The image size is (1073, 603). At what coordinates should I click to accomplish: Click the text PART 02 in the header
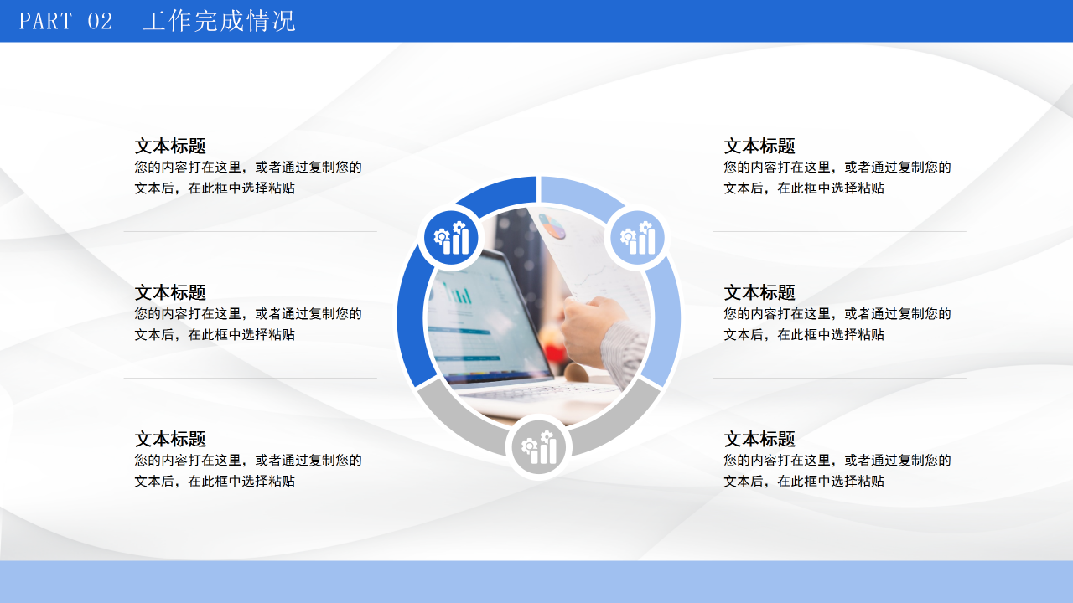[65, 21]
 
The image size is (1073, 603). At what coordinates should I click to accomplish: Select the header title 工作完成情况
[219, 21]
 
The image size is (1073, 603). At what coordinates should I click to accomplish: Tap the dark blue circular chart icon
[451, 237]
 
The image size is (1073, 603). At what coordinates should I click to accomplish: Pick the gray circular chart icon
[538, 446]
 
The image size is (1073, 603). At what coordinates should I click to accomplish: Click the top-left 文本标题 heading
[170, 146]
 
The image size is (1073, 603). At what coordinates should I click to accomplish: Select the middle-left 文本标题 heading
[170, 292]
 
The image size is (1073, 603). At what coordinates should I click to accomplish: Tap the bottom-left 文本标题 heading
[170, 439]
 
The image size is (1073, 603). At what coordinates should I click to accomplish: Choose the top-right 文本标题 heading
[759, 146]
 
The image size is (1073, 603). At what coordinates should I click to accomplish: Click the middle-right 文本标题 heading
[759, 292]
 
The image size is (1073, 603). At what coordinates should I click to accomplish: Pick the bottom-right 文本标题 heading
[759, 439]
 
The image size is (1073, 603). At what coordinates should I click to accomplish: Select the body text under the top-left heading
[248, 178]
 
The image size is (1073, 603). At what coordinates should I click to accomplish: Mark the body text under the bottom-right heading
[837, 471]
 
